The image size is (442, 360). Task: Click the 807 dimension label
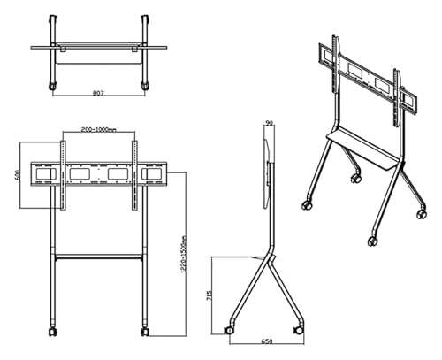(98, 93)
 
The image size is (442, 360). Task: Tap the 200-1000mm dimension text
(98, 129)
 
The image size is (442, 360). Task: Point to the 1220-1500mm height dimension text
(184, 255)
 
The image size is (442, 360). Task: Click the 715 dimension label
(210, 295)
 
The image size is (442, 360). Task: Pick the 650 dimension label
(267, 341)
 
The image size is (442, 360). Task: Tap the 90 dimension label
(269, 123)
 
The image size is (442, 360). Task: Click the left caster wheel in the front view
(53, 331)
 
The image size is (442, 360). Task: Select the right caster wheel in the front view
(145, 331)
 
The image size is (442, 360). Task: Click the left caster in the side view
(228, 331)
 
